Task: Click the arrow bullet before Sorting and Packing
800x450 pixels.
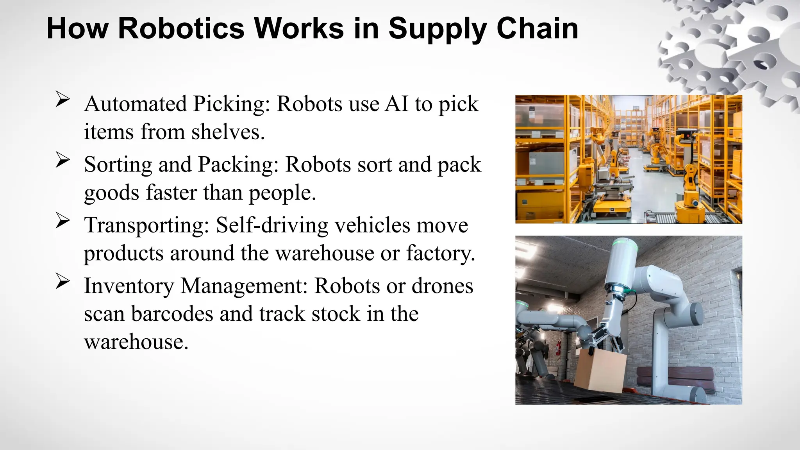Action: tap(62, 160)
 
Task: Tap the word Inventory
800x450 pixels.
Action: tap(129, 286)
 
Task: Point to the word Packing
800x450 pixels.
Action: tap(238, 164)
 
